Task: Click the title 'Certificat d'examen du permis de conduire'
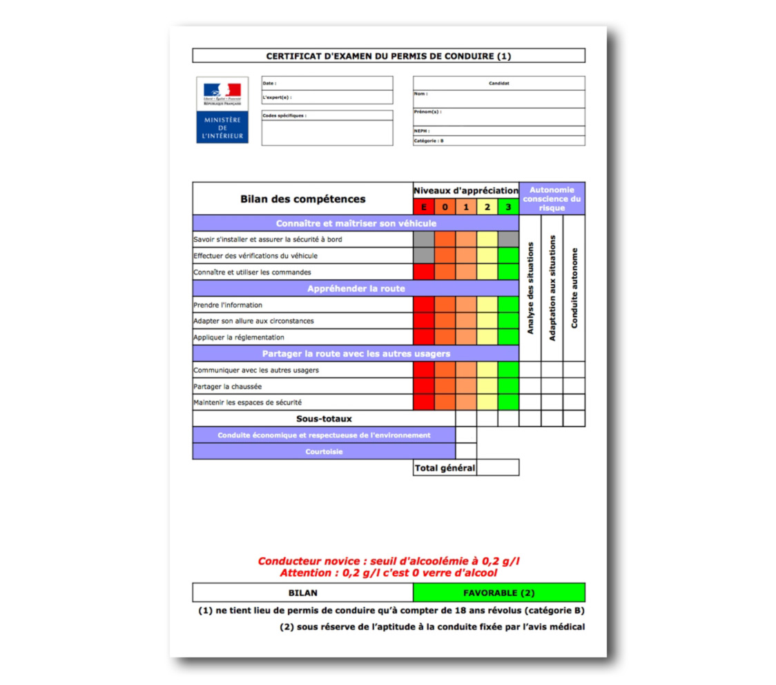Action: coord(388,56)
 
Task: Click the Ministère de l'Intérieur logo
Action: coord(222,111)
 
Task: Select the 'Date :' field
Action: coord(327,83)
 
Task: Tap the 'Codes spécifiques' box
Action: coord(327,128)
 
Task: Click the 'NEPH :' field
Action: coord(498,131)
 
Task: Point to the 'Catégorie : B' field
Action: coord(498,141)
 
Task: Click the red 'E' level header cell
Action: coord(423,207)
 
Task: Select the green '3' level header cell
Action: coord(508,207)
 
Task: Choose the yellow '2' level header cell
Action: coord(487,207)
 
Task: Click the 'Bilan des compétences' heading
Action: coord(302,199)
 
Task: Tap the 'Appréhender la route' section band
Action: coord(356,288)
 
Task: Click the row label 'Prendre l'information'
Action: coord(228,305)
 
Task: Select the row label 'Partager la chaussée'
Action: coord(227,386)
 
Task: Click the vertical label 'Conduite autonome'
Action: coord(574,288)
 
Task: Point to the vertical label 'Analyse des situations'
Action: coord(530,288)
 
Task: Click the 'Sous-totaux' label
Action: coord(324,419)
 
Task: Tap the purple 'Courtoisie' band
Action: coord(324,451)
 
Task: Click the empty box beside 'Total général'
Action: coord(498,468)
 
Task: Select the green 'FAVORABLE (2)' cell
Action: coord(498,593)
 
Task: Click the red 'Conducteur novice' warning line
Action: coord(388,561)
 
